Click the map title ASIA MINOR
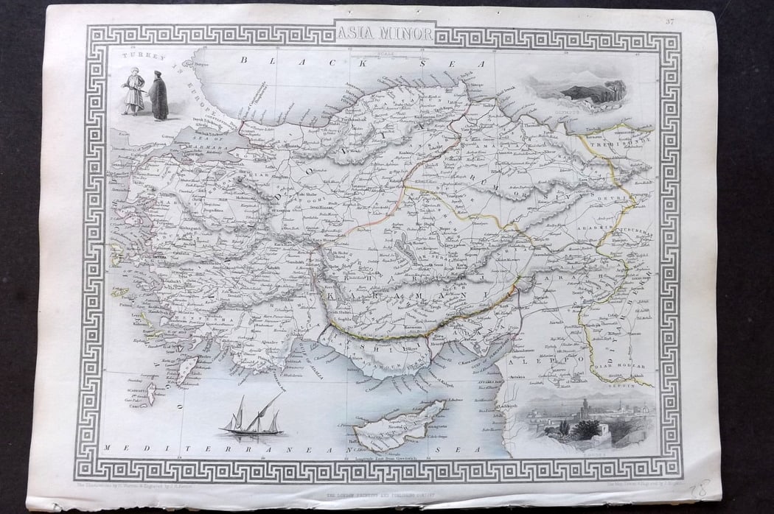(x=385, y=32)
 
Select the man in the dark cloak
(x=158, y=95)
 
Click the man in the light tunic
(x=134, y=93)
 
